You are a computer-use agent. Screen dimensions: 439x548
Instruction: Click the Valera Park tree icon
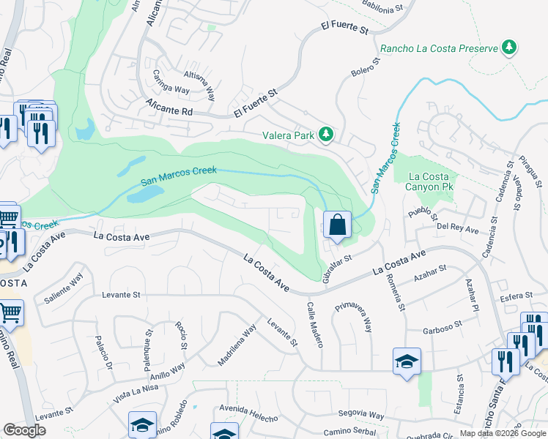coord(326,135)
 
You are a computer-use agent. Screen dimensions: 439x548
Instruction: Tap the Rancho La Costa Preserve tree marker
coord(508,48)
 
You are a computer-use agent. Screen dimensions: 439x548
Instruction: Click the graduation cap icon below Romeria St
coord(407,361)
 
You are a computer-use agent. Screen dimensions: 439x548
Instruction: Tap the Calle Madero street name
coord(314,325)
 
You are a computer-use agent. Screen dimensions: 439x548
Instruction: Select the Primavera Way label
coord(354,316)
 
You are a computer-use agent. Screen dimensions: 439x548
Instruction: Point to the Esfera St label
coord(516,296)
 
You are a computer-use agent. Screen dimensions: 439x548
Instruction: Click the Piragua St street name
coord(529,169)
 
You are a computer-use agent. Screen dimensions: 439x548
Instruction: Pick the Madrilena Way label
coord(236,345)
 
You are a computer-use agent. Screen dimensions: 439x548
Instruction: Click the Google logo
coord(24,429)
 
